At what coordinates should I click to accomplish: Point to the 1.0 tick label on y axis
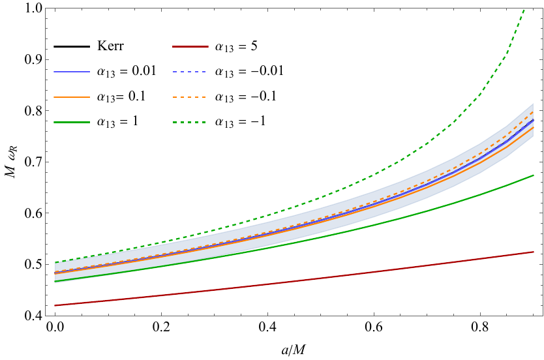pos(34,8)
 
